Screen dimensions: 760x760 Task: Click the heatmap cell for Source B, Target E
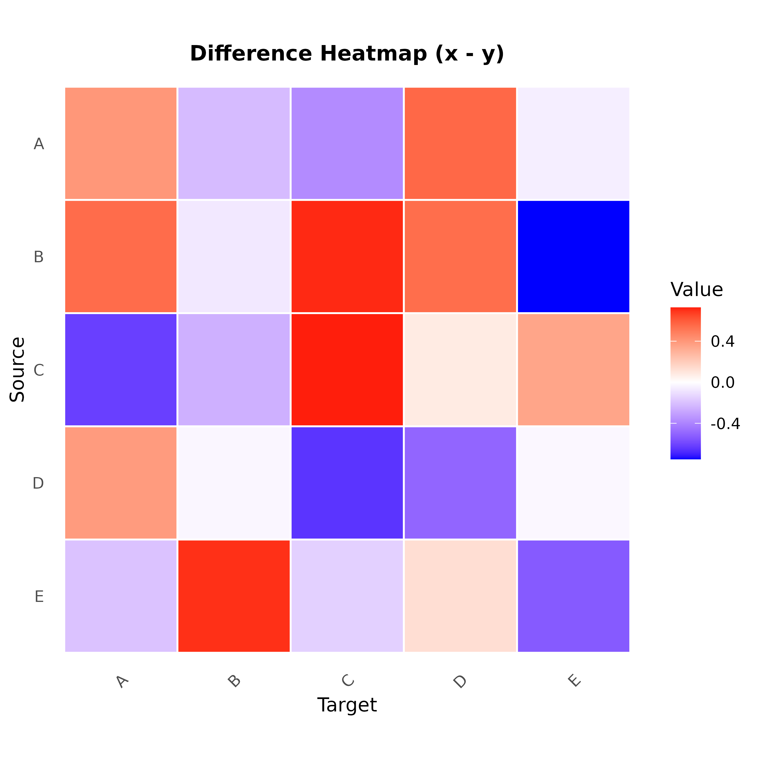(x=573, y=256)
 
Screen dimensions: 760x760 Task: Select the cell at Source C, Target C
(x=347, y=370)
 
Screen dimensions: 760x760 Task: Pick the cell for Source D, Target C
(x=347, y=483)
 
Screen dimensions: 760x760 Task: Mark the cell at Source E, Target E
(x=573, y=596)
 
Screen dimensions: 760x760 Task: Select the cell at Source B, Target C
(x=347, y=256)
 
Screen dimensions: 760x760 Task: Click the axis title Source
(x=17, y=369)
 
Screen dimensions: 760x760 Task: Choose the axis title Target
(x=347, y=705)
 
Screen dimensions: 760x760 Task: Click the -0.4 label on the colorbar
(x=725, y=424)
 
